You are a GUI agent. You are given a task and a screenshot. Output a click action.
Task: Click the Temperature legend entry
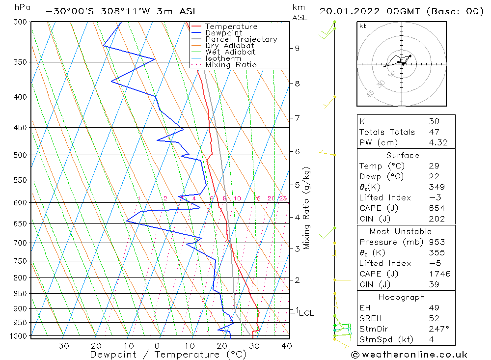(x=231, y=27)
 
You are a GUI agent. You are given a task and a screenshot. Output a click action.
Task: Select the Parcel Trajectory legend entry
(x=241, y=39)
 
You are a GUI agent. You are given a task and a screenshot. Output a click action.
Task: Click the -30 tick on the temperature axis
(x=60, y=346)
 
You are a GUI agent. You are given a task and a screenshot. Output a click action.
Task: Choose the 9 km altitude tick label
(x=298, y=48)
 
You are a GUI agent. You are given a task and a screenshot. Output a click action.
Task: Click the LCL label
(x=306, y=313)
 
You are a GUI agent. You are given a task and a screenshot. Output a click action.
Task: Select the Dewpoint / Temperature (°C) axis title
(x=168, y=354)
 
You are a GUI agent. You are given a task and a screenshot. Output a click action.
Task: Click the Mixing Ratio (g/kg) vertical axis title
(x=306, y=208)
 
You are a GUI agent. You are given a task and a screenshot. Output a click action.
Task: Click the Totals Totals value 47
(x=434, y=132)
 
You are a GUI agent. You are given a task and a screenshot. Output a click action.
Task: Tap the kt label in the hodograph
(x=363, y=26)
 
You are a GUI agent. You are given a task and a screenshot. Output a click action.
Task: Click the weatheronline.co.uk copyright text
(x=409, y=354)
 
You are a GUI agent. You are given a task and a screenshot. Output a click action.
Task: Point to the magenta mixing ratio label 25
(x=283, y=198)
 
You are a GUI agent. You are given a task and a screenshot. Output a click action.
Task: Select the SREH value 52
(x=434, y=318)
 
